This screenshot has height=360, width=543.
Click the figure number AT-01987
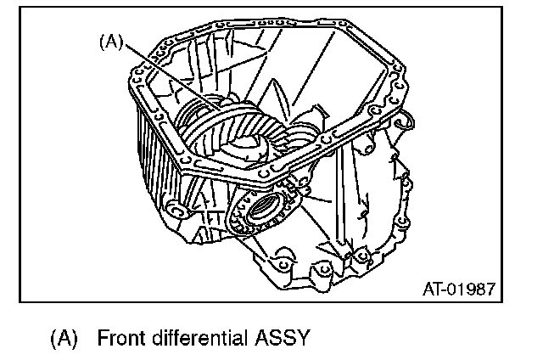(x=458, y=290)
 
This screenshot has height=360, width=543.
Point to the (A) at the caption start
(x=64, y=338)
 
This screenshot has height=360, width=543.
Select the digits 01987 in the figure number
(x=471, y=290)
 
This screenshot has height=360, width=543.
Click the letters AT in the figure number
(x=430, y=290)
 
